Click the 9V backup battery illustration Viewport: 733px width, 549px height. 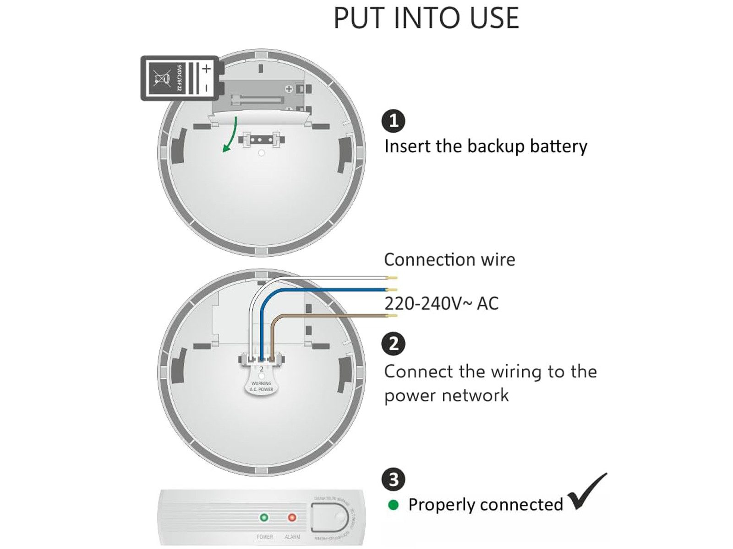click(x=180, y=78)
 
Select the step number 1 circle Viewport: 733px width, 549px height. click(x=393, y=121)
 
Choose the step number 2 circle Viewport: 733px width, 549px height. click(x=393, y=344)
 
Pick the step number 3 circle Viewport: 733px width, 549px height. click(x=393, y=479)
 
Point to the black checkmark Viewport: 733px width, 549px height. click(x=587, y=492)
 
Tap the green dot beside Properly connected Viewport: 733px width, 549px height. click(x=393, y=505)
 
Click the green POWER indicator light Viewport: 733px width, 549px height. click(x=264, y=517)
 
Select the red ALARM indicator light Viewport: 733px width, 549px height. click(x=291, y=517)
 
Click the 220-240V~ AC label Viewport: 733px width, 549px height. click(x=441, y=303)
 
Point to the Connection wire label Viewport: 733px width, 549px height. click(x=449, y=260)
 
